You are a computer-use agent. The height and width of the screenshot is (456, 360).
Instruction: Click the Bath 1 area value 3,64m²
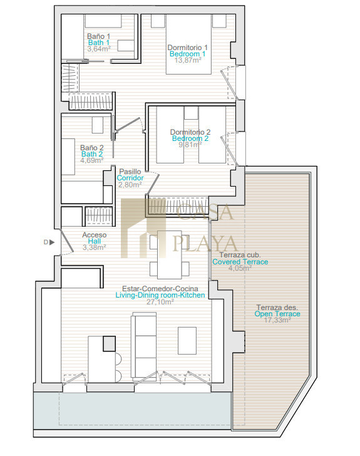pyautogui.click(x=99, y=49)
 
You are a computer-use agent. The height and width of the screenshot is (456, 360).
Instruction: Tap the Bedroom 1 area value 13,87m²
pyautogui.click(x=188, y=60)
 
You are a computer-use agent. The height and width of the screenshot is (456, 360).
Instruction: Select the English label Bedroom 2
pyautogui.click(x=190, y=138)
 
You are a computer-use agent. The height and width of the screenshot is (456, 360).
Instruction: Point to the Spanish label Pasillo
pyautogui.click(x=130, y=172)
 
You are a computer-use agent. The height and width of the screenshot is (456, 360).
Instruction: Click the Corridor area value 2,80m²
pyautogui.click(x=130, y=185)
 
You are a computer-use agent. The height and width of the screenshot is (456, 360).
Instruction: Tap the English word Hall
pyautogui.click(x=95, y=241)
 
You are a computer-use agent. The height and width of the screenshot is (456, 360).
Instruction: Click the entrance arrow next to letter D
pyautogui.click(x=52, y=242)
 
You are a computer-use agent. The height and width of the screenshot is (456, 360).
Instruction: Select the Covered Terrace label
pyautogui.click(x=240, y=262)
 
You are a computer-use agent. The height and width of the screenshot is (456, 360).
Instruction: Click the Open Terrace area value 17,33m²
pyautogui.click(x=277, y=320)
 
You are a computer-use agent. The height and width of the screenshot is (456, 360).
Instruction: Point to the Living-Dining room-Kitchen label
pyautogui.click(x=160, y=295)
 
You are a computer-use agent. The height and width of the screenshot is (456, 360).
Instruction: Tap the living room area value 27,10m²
pyautogui.click(x=160, y=302)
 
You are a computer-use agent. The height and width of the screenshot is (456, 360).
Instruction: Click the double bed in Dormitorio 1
pyautogui.click(x=188, y=44)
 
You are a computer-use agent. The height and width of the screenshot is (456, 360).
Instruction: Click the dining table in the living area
pyautogui.click(x=170, y=255)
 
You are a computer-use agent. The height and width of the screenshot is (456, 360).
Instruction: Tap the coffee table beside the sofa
pyautogui.click(x=187, y=341)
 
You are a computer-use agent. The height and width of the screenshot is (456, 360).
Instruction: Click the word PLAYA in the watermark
pyautogui.click(x=205, y=244)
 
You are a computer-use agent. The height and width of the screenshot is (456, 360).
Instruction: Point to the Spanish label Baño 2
pyautogui.click(x=92, y=148)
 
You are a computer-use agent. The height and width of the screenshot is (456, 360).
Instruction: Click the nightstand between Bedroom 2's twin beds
pyautogui.click(x=191, y=113)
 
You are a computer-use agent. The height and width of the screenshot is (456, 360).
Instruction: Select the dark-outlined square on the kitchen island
pyautogui.click(x=110, y=344)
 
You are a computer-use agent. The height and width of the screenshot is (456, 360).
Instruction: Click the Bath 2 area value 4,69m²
pyautogui.click(x=92, y=160)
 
